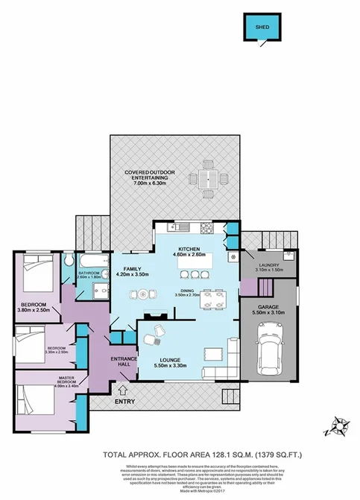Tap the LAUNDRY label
(x=268, y=264)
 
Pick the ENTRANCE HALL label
(x=122, y=362)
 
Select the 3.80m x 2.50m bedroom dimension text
(x=34, y=310)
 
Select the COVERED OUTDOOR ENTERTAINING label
(x=146, y=175)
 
